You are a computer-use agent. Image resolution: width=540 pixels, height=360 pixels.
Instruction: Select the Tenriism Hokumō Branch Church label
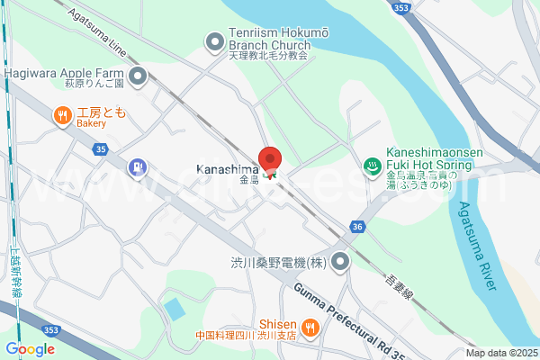(267, 41)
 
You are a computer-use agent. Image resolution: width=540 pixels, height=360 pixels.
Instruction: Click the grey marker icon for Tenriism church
(215, 41)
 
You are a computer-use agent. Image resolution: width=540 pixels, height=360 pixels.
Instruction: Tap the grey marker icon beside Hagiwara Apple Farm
(138, 76)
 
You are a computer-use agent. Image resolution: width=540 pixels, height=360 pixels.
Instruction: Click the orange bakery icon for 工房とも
(62, 113)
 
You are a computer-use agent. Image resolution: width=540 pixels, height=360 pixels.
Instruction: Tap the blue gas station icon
(136, 166)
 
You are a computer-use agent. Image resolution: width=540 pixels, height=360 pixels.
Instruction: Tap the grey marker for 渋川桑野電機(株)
(340, 263)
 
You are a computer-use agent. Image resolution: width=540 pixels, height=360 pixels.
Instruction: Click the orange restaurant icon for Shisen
(310, 328)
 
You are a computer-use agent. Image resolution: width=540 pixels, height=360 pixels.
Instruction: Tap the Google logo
(31, 349)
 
